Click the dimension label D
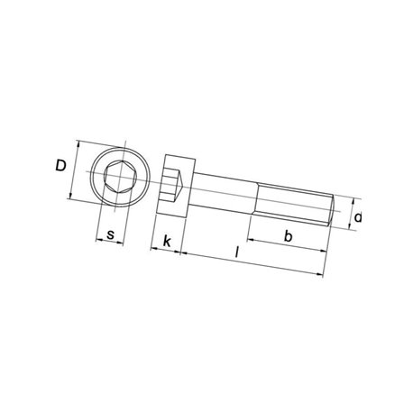click(x=60, y=166)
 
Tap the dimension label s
click(x=111, y=234)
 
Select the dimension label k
click(x=167, y=241)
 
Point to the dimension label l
click(x=237, y=252)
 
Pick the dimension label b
click(x=288, y=236)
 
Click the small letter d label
click(x=358, y=217)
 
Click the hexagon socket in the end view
click(x=120, y=177)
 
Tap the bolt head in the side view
click(x=176, y=186)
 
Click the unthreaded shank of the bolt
click(x=224, y=194)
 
